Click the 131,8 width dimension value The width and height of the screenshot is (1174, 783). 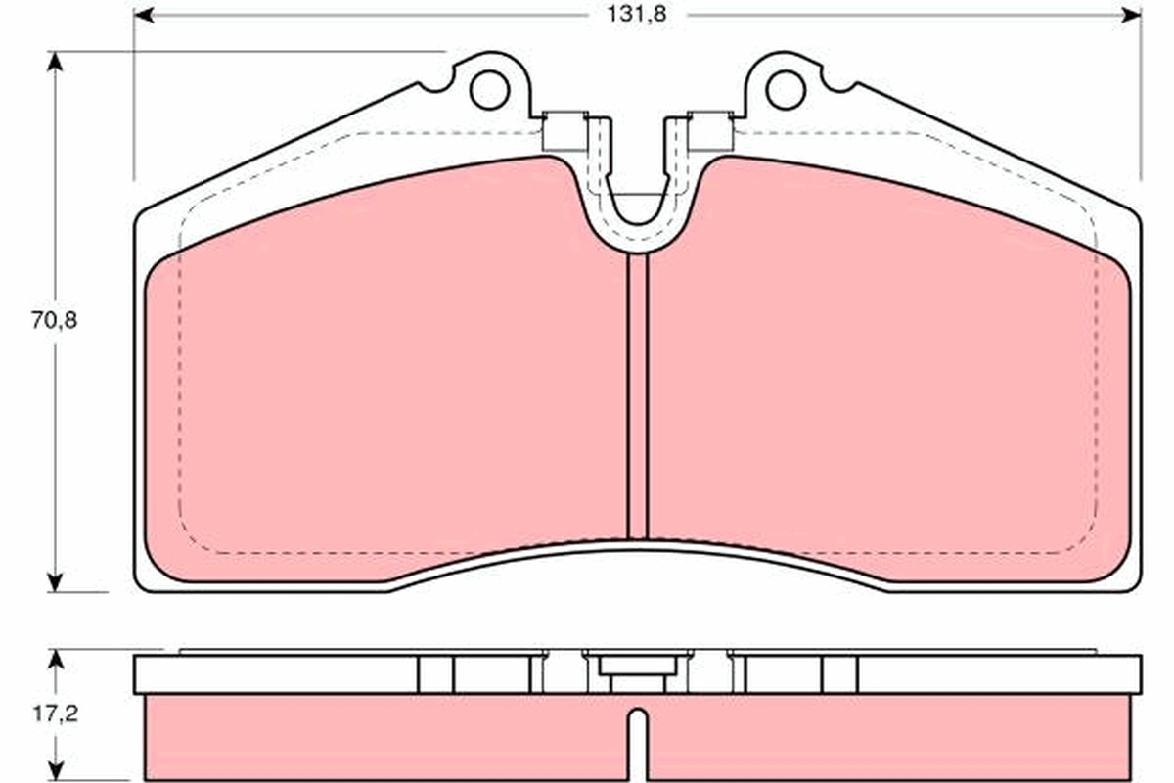(636, 15)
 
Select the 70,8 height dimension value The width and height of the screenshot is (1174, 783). (54, 320)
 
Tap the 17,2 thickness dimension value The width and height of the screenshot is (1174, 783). (55, 714)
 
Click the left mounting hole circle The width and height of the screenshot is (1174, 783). (489, 90)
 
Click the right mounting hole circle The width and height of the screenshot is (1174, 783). (785, 90)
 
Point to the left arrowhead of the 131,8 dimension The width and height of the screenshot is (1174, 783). (144, 16)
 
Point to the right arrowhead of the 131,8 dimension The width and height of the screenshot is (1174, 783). (1131, 16)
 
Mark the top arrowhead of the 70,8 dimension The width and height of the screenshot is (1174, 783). (55, 62)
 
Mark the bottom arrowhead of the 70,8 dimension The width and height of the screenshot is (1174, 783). (55, 582)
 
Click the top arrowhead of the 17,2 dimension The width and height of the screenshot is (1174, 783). (55, 660)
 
